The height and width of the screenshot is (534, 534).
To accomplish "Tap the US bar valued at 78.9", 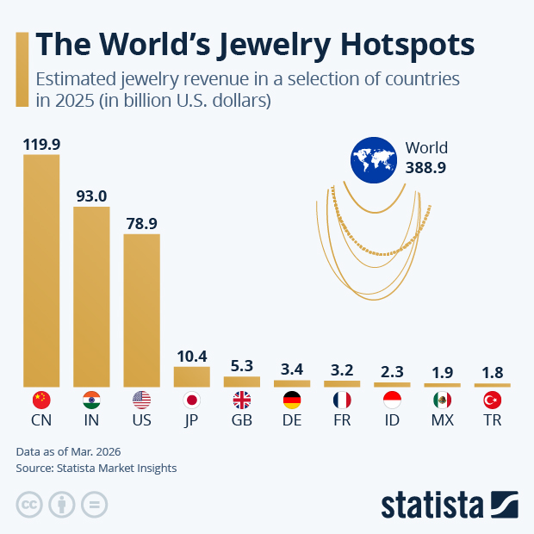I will [141, 309].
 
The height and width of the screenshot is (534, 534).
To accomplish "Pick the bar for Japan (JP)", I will [191, 376].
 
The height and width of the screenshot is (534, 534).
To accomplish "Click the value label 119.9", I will [41, 144].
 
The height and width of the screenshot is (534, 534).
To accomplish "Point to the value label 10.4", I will [191, 356].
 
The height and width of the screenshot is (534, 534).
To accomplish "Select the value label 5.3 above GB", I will [241, 366].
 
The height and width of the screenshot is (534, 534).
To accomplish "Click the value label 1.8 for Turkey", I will [492, 373].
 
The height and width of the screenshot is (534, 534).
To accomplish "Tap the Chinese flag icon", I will [41, 400].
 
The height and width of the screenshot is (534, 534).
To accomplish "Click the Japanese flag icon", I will [191, 400].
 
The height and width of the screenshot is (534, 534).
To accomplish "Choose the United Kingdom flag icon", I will [241, 400].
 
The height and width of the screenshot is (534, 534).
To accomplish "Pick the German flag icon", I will [291, 400].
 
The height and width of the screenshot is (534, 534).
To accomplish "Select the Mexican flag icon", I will [442, 400].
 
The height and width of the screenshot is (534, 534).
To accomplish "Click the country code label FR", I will [341, 422].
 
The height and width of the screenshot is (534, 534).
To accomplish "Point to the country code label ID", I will [391, 422].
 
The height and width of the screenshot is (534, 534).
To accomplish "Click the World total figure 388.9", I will [425, 169].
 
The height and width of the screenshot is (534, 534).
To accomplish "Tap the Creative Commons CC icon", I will [29, 504].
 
